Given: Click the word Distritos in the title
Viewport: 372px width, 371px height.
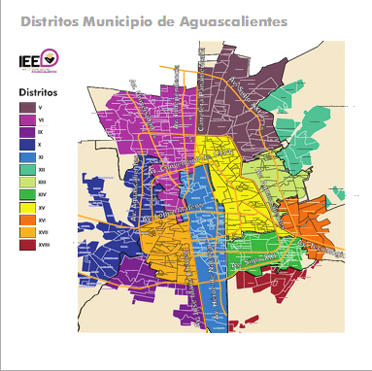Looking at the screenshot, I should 50,19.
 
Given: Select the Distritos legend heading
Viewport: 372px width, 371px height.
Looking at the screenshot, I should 38,91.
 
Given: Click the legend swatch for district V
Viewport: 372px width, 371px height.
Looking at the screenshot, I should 27,106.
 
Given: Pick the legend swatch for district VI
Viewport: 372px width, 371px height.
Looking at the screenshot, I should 27,118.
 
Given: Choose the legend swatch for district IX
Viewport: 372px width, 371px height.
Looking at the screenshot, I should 27,131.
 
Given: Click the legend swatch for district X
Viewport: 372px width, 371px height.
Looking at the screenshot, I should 27,144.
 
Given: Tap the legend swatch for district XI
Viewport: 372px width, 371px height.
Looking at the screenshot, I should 27,156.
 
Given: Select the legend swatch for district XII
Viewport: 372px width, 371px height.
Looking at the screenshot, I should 27,169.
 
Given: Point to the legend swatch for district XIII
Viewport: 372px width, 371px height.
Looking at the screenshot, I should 27,182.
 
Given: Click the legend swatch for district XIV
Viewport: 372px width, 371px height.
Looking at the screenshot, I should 27,194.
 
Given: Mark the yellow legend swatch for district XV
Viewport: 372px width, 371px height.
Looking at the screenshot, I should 27,207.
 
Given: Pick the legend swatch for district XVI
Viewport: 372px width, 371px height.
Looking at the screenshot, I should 27,219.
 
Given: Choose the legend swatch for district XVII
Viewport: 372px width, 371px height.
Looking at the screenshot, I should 27,232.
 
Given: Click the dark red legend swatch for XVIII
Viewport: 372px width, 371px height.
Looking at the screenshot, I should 27,245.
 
